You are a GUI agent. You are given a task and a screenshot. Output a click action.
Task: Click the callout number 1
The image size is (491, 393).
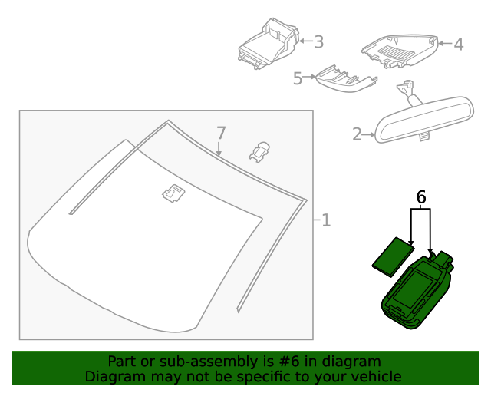[x=326, y=221]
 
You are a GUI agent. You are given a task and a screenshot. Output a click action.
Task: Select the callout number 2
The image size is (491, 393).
[x=357, y=134]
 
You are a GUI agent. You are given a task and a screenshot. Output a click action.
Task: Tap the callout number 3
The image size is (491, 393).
[x=318, y=41]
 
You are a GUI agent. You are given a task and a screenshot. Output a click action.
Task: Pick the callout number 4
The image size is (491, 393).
[x=458, y=45]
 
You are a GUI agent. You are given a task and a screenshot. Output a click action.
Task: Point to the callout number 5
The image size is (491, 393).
[x=297, y=78]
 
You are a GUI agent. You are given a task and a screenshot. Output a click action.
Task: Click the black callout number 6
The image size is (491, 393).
[x=421, y=197]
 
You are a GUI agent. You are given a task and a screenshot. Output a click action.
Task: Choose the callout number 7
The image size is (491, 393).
[x=220, y=132]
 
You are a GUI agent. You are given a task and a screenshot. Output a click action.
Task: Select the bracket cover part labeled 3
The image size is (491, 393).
[x=268, y=46]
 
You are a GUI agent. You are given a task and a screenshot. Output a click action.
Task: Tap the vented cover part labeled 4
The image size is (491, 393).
[x=399, y=51]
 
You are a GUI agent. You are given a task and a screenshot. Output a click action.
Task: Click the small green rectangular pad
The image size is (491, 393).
[x=393, y=256]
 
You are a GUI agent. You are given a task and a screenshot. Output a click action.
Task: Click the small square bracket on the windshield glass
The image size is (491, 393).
[x=173, y=193]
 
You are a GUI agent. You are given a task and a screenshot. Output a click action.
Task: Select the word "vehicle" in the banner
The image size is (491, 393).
[x=374, y=376]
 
